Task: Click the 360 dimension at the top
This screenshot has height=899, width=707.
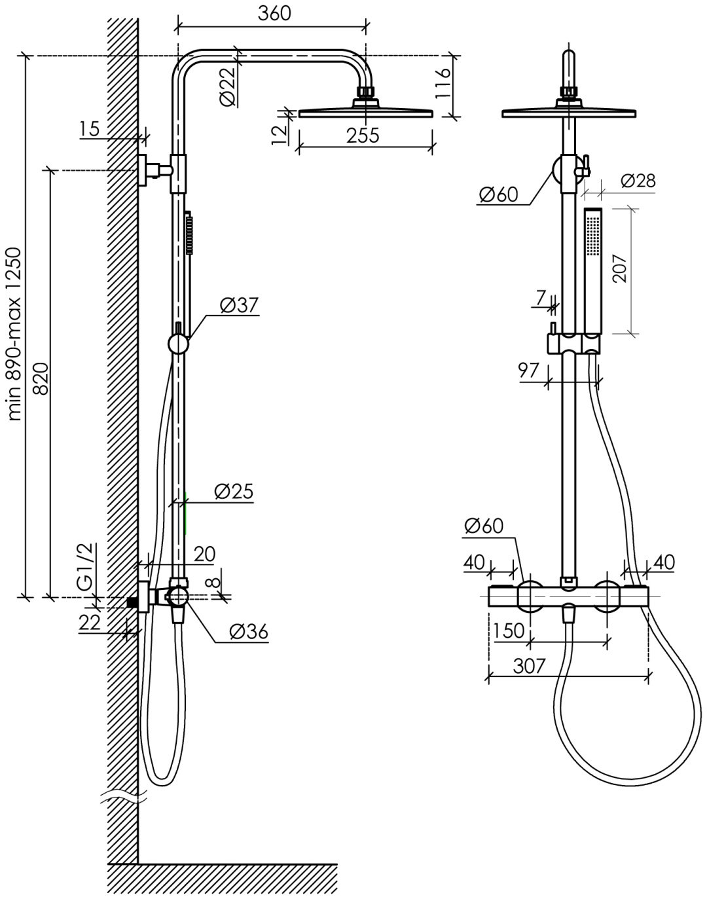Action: click(x=274, y=14)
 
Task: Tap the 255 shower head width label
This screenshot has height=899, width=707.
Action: click(x=363, y=136)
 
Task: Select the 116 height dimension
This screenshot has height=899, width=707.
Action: click(x=443, y=84)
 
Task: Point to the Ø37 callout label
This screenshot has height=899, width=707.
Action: click(x=240, y=305)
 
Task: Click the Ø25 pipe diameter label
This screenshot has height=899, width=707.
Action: click(x=234, y=492)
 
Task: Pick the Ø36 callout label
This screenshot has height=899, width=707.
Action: click(x=249, y=631)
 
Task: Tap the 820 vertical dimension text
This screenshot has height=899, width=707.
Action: click(x=41, y=379)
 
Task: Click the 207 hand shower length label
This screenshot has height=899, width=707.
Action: click(x=620, y=268)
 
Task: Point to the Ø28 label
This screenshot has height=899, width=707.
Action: click(x=638, y=181)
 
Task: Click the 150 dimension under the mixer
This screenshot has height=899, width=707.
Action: click(x=509, y=631)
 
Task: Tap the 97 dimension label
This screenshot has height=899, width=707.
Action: click(x=528, y=370)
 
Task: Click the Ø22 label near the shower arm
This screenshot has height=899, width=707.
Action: click(x=228, y=87)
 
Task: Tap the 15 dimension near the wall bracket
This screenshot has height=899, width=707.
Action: click(x=90, y=129)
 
